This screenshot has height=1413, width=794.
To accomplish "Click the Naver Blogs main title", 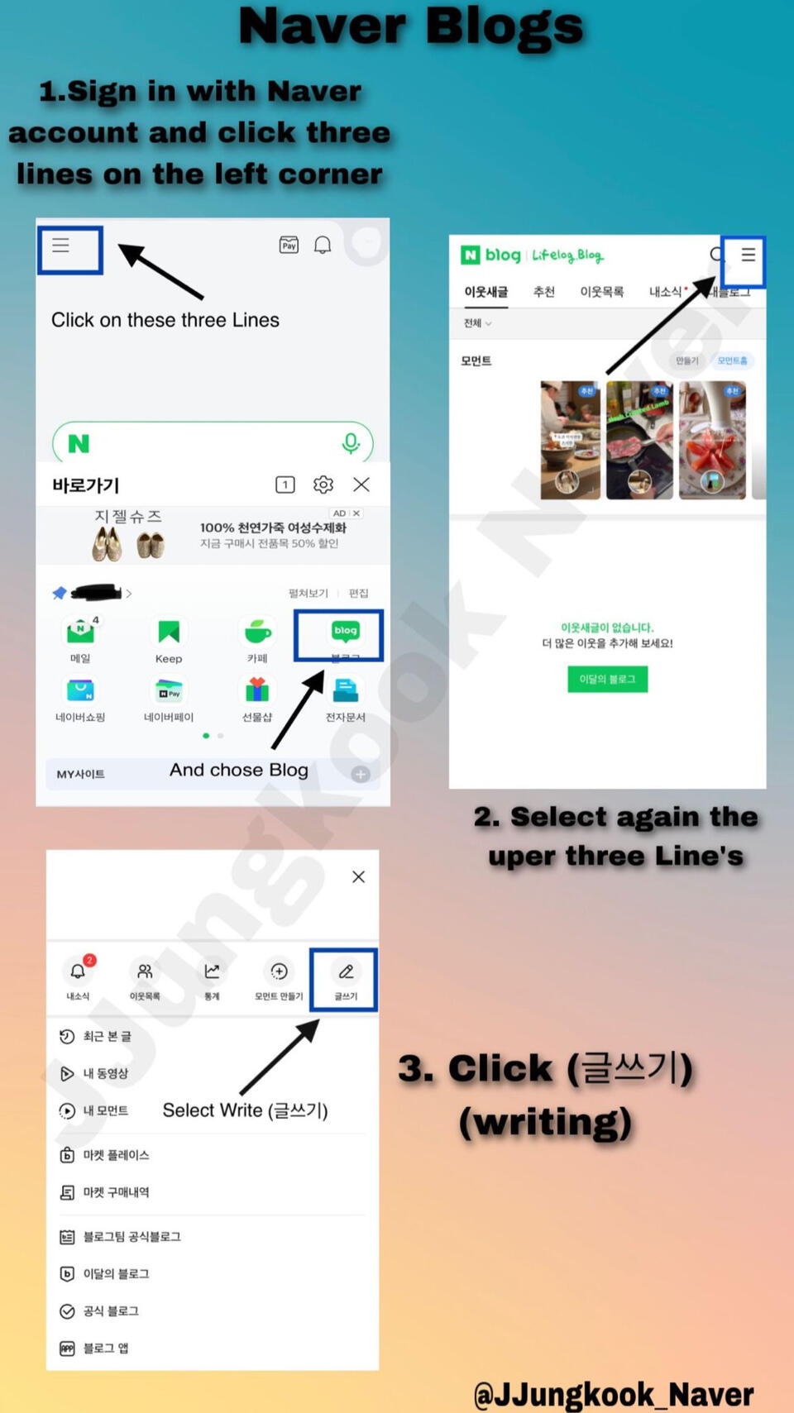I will tap(411, 26).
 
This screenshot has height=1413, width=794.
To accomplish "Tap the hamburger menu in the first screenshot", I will tap(61, 246).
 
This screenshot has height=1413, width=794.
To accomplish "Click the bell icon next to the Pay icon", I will tap(323, 245).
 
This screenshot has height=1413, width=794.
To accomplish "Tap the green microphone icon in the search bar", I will tap(351, 443).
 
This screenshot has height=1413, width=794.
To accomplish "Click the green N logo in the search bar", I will tap(79, 444).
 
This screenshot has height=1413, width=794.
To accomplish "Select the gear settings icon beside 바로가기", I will tap(323, 485).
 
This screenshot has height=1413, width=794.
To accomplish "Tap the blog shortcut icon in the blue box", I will tap(345, 632).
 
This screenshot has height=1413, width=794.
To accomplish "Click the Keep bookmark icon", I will tap(169, 633).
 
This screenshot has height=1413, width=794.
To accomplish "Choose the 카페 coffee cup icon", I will tap(257, 633).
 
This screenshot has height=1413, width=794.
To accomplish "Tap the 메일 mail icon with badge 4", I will tap(80, 633).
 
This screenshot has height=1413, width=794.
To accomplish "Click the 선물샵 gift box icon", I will tap(257, 690).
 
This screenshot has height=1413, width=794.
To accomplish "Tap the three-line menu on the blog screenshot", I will tap(748, 255).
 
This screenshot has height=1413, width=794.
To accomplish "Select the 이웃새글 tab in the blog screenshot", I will tap(485, 292).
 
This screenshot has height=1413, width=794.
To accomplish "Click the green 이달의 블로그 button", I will tap(607, 679).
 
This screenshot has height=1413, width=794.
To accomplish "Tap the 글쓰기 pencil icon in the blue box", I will tap(346, 972).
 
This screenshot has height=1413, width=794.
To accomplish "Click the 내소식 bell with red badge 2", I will tap(79, 971).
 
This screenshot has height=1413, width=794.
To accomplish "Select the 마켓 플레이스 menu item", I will tap(115, 1155).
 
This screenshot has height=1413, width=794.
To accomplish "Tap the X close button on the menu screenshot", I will tap(358, 877).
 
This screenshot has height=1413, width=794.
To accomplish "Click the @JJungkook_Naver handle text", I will tap(613, 1394).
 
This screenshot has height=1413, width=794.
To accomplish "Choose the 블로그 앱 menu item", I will tap(105, 1349).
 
